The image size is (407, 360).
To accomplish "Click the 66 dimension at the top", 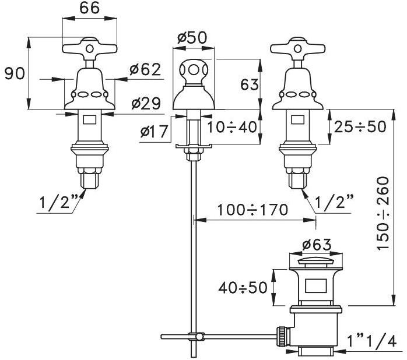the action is coord(90,8).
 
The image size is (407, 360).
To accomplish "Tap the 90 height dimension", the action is coord(15,73).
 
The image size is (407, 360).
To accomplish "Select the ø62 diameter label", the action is coord(145,69).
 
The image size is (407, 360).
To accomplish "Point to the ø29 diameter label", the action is coord(146,104).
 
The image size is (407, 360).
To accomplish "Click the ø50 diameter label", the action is coord(192,38).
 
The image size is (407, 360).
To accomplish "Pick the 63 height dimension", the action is coord(250,84).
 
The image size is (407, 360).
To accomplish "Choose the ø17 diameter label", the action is coord(154,131).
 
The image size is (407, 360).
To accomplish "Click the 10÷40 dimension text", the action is coord(232,127).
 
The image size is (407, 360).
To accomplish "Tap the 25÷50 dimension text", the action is coord(360,127).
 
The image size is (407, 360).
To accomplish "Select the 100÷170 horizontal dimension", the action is coord(252,210).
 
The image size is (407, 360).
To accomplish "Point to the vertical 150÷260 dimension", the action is coord(383,213).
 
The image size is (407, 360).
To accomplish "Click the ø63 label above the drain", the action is coord(317,244).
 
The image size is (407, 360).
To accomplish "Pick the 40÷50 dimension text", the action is coord(243,287).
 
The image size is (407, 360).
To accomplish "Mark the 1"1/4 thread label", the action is coord(372,341).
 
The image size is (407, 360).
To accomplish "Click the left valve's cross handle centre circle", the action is coord(90,49).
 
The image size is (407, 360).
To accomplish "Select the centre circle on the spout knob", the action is coord(194,70).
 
